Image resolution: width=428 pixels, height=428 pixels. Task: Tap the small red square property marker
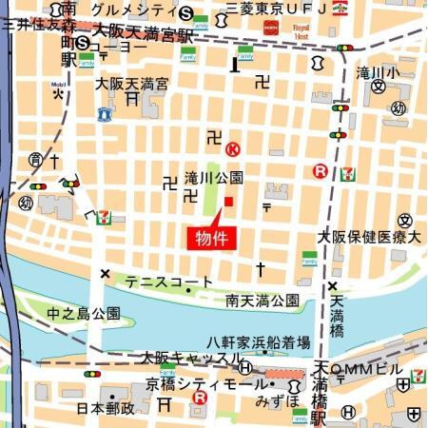click(228, 201)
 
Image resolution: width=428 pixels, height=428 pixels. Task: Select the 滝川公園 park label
click(214, 178)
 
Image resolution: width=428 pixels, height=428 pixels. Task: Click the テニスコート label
click(169, 282)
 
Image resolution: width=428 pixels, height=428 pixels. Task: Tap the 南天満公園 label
click(263, 301)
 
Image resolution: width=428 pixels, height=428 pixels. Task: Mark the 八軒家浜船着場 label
click(259, 341)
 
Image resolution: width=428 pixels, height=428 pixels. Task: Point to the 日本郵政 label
click(106, 407)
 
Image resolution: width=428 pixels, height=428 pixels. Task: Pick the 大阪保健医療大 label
click(368, 236)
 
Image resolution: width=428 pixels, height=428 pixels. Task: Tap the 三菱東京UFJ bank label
click(275, 10)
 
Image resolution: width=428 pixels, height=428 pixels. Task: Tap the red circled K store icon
click(232, 148)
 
